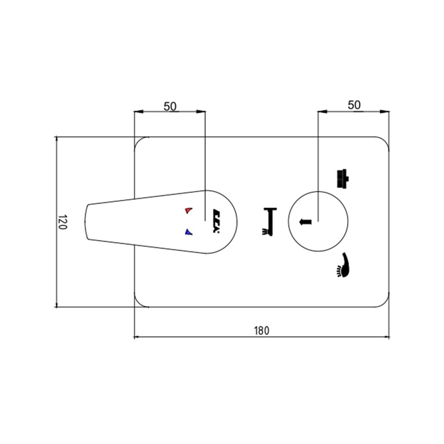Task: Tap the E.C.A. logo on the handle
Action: pos(217,221)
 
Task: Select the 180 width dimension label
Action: pos(262,330)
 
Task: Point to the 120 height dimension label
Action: pos(63,222)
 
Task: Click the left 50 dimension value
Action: pos(170,107)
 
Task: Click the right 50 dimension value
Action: pos(354,105)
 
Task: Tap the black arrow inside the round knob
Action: pos(305,222)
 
